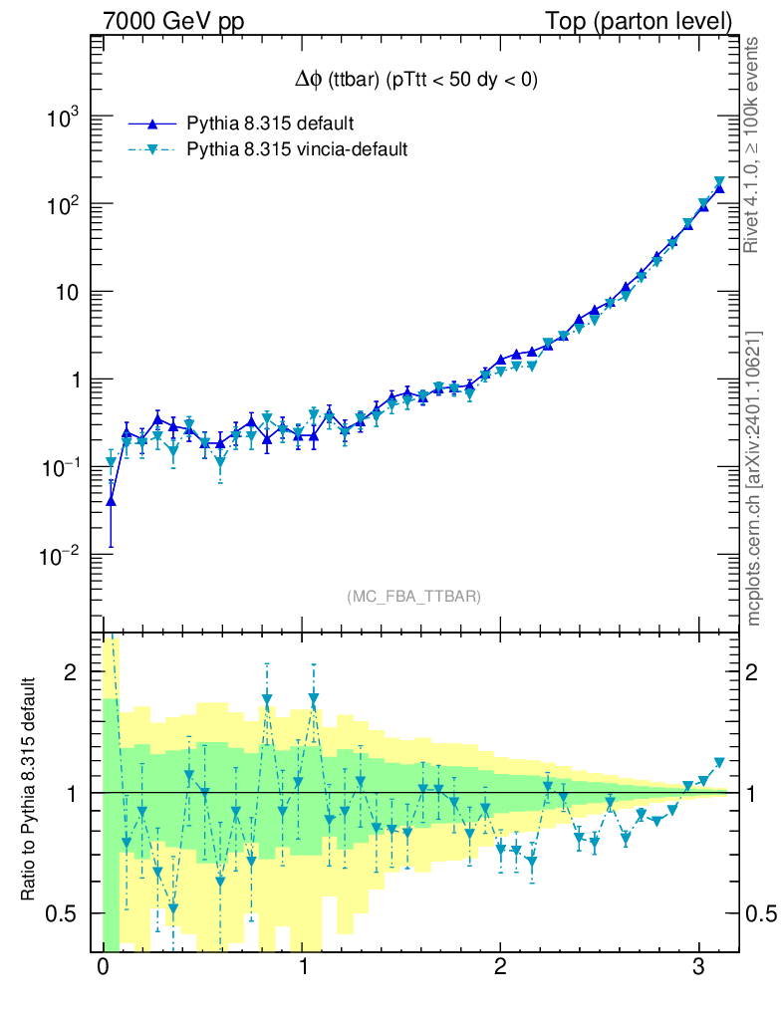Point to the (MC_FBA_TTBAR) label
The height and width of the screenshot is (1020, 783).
414,597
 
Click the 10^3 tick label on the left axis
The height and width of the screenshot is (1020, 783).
63,118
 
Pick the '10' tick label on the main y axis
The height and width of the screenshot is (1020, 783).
69,292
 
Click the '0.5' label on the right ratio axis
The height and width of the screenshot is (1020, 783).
760,913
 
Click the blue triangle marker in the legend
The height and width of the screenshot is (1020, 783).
152,124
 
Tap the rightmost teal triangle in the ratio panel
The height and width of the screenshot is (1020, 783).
719,763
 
